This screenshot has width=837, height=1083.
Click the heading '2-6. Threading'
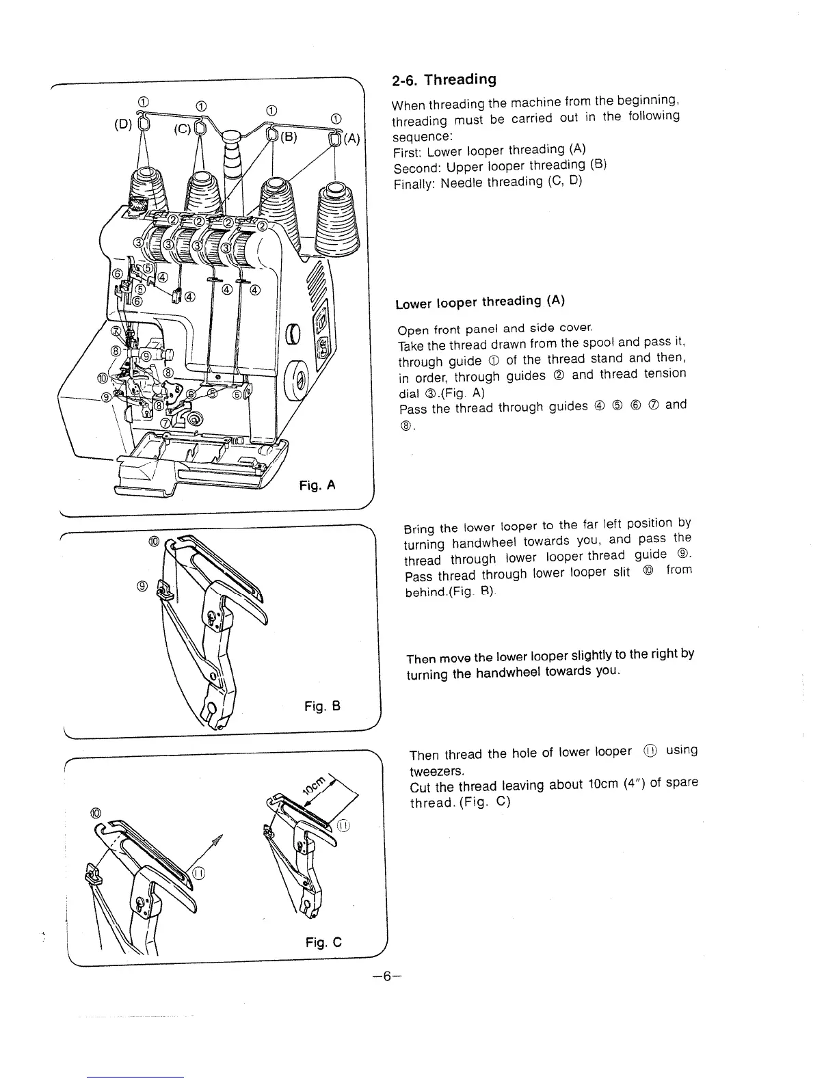point(444,79)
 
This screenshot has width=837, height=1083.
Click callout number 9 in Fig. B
point(142,585)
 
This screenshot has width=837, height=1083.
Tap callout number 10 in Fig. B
point(153,541)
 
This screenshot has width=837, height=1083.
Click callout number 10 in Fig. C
point(95,812)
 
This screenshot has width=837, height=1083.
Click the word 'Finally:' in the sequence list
point(414,184)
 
